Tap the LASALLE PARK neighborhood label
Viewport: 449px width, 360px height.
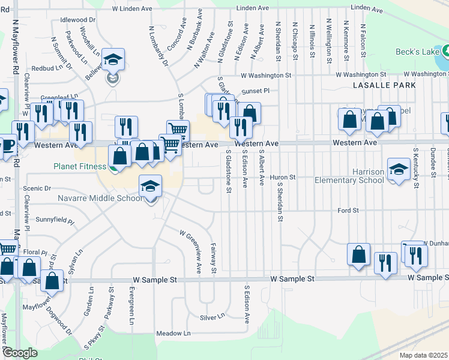click(x=384, y=85)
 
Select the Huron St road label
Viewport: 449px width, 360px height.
click(x=285, y=178)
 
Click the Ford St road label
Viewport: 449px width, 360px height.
click(x=348, y=211)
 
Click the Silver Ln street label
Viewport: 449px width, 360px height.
click(x=212, y=316)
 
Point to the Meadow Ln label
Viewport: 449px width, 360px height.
click(x=173, y=333)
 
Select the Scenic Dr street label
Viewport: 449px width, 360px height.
click(x=37, y=188)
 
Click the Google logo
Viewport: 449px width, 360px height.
click(x=20, y=353)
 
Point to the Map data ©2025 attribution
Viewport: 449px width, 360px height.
click(x=423, y=355)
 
